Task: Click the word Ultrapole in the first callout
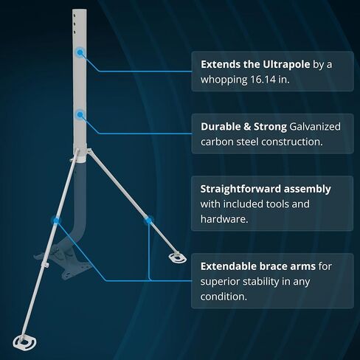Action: click(x=286, y=64)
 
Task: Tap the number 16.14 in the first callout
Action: click(x=263, y=80)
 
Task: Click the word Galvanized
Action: click(x=315, y=127)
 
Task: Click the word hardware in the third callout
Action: click(x=224, y=219)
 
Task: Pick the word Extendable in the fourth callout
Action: click(x=225, y=266)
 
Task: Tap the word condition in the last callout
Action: click(x=224, y=297)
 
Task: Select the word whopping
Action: click(x=224, y=80)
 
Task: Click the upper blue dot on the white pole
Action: click(x=80, y=52)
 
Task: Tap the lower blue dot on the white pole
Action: click(x=80, y=114)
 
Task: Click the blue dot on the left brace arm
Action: click(x=56, y=221)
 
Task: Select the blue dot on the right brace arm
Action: click(x=148, y=221)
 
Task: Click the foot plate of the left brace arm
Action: click(x=24, y=342)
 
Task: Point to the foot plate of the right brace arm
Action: click(x=178, y=257)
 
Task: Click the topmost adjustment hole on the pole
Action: click(x=75, y=15)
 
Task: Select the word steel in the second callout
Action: click(x=247, y=142)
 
